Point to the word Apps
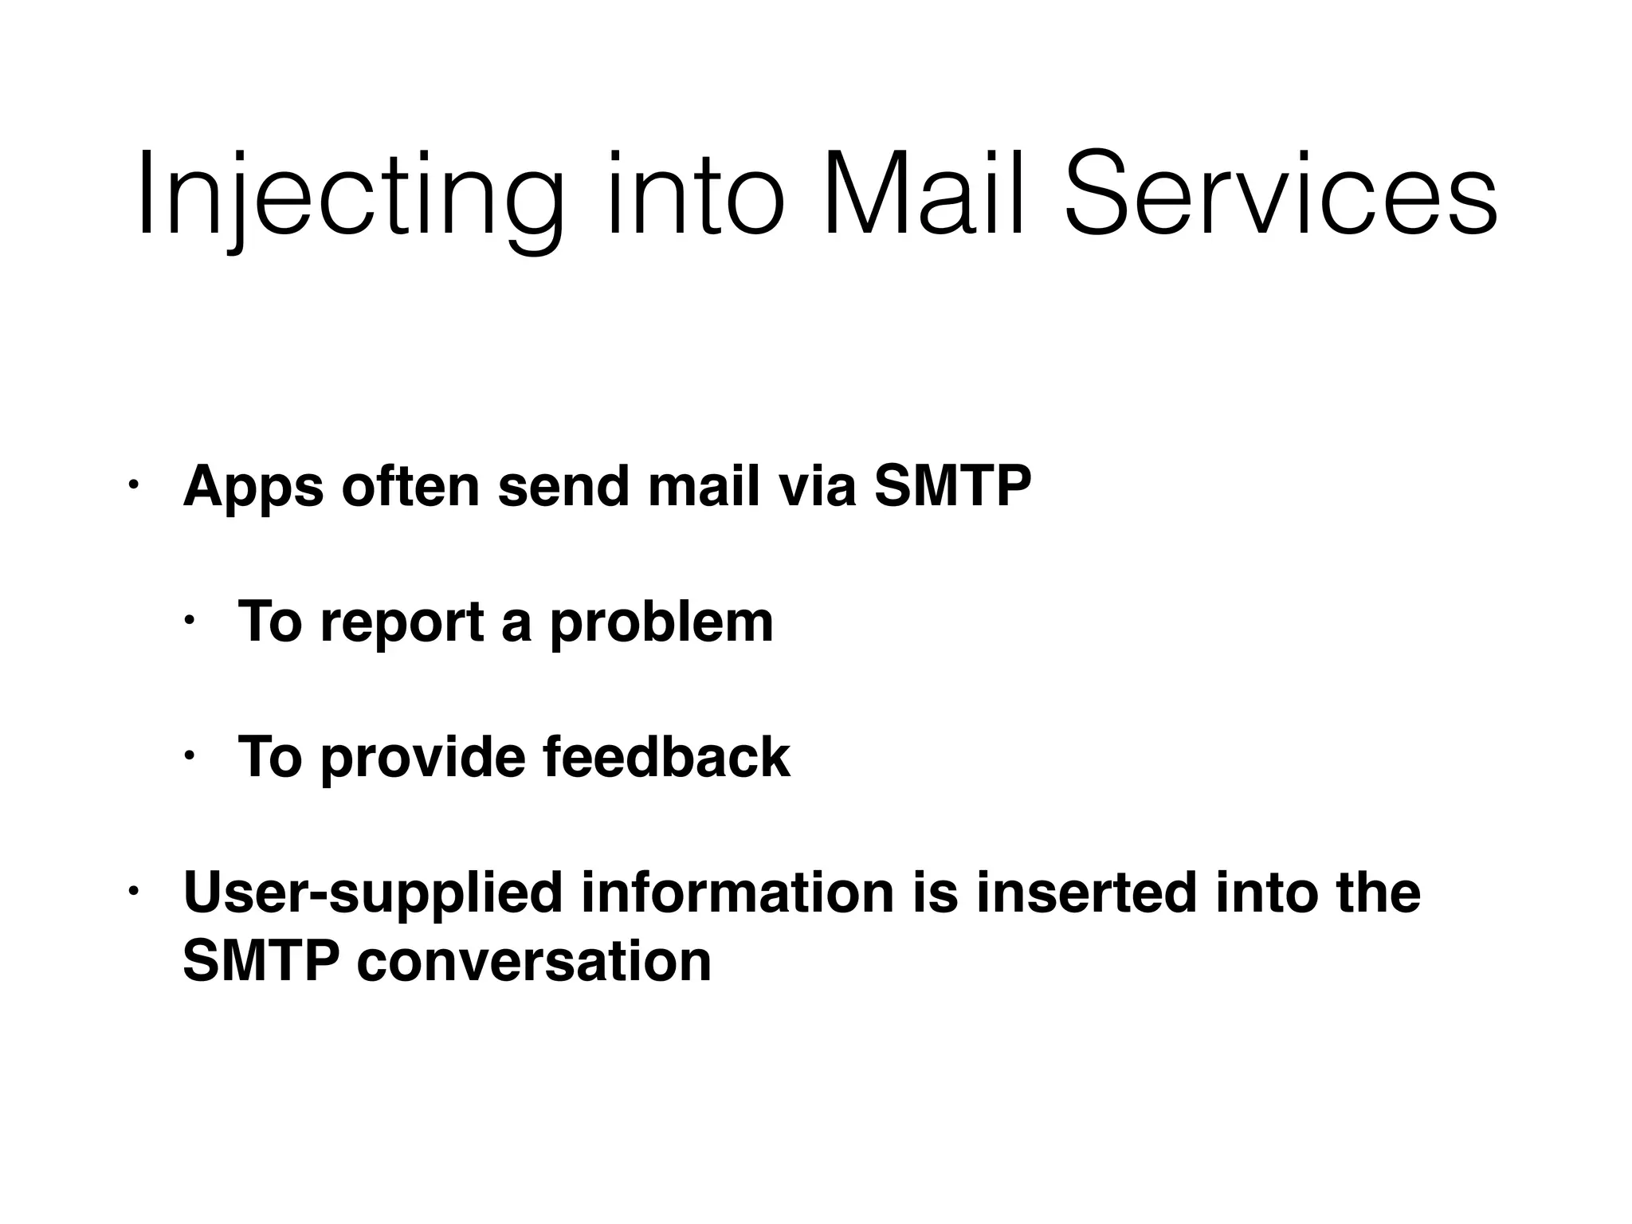pyautogui.click(x=253, y=487)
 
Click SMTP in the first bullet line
pyautogui.click(x=952, y=485)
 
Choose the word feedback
pyautogui.click(x=666, y=757)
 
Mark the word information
pyautogui.click(x=737, y=892)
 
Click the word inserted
pyautogui.click(x=1085, y=892)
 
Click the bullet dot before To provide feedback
pyautogui.click(x=188, y=755)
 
